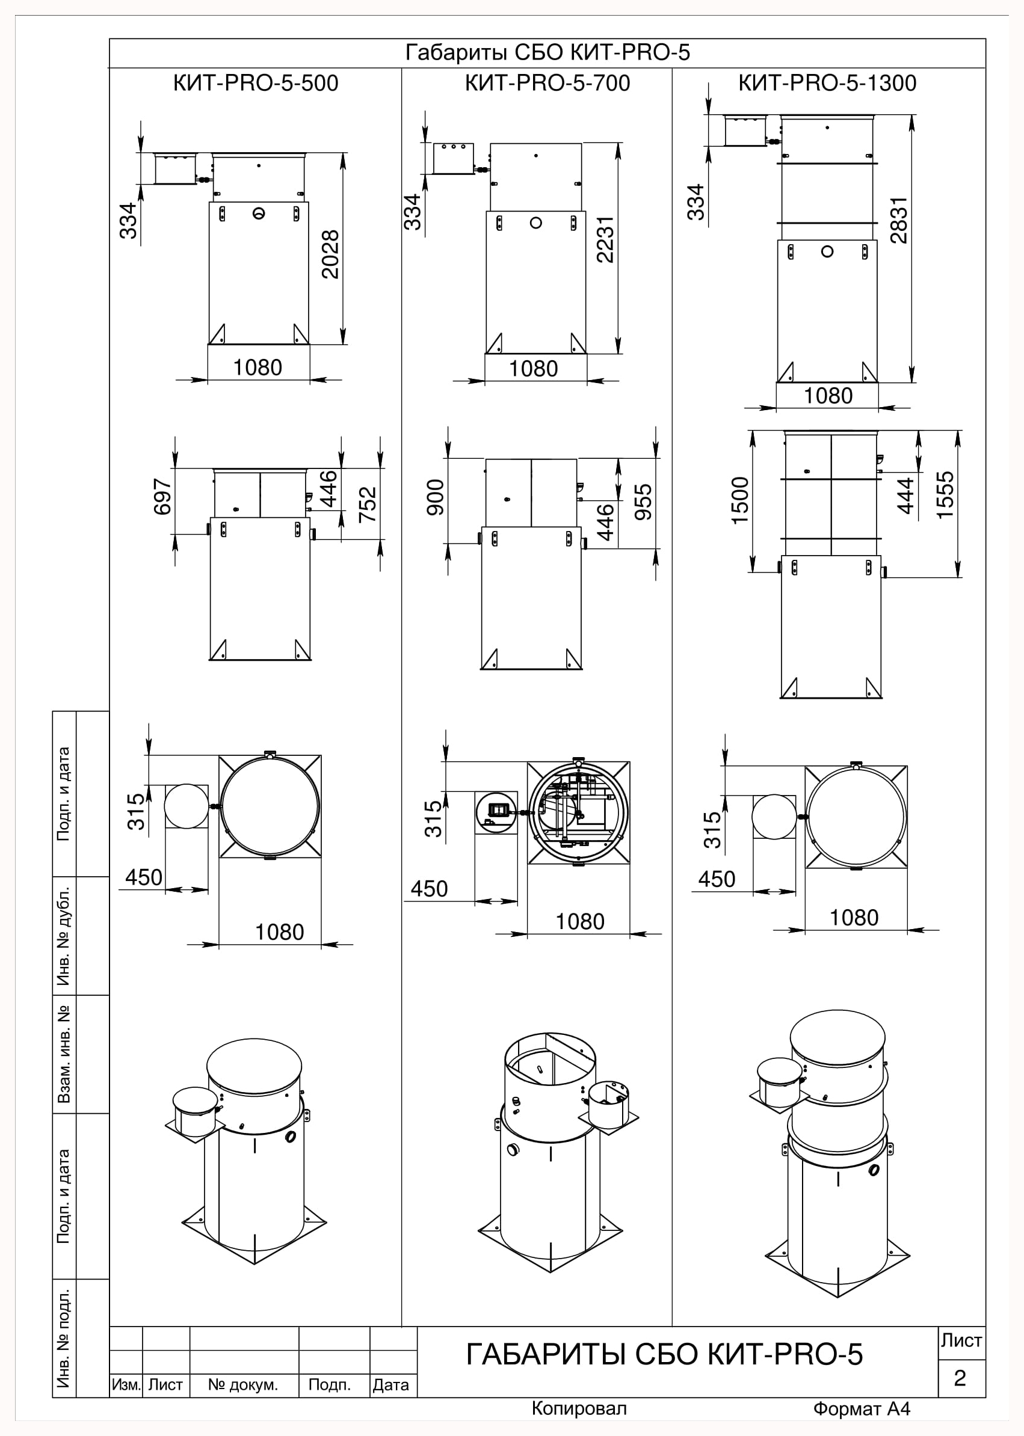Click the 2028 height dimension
pos(330,254)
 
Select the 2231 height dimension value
pos(605,239)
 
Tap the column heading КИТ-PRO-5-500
pos(256,83)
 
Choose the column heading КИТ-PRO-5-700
pos(547,83)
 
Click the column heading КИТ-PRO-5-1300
pos(827,83)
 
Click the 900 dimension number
pos(436,498)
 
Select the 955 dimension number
pos(643,502)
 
